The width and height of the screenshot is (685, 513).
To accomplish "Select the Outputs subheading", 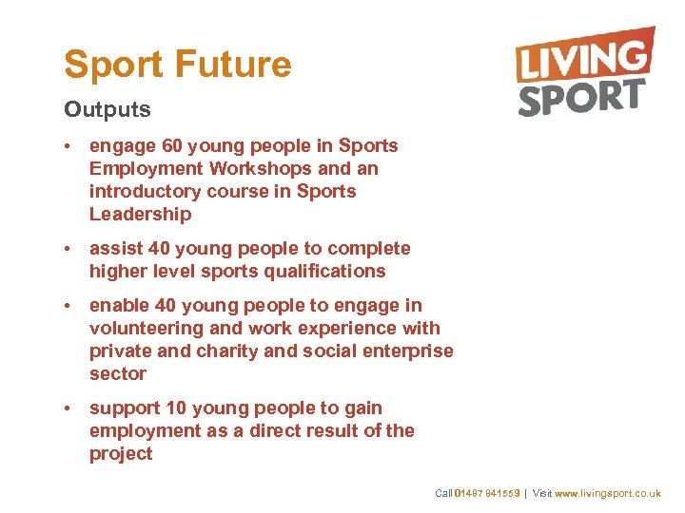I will [x=108, y=109].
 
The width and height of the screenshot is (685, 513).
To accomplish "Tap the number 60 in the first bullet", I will [x=172, y=146].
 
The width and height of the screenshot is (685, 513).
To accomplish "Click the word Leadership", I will [x=140, y=215].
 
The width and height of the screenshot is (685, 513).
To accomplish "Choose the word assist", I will [x=115, y=249].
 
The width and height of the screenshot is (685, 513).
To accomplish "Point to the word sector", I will [x=118, y=374].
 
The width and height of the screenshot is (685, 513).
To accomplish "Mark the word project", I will [x=121, y=454].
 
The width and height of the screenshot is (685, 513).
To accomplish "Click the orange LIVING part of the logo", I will [x=584, y=57].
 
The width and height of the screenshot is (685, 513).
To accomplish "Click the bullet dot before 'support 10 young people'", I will [x=69, y=408].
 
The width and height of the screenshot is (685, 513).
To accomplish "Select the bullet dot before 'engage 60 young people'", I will [x=69, y=146].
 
